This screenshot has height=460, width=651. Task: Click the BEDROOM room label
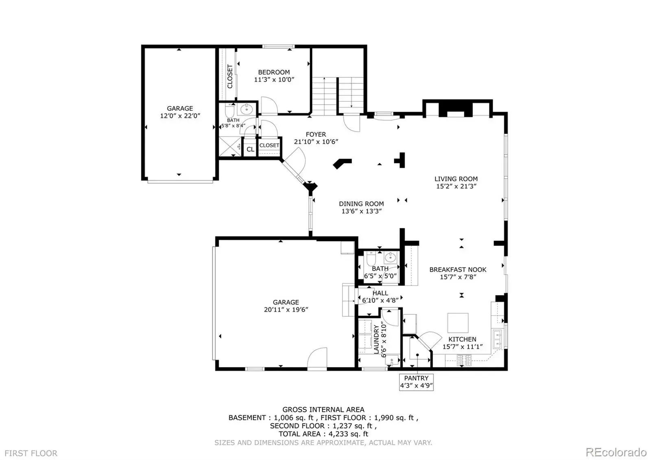pos(274,72)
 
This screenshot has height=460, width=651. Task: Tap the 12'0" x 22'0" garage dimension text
pos(180,116)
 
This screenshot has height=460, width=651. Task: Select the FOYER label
pos(316,134)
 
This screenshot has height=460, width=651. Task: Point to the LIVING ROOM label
pos(456,179)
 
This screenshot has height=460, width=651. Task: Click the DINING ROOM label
pos(361,204)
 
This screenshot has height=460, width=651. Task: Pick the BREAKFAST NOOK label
pos(458,269)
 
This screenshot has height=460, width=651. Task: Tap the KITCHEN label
pos(462,339)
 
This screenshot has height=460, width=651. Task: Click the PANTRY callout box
pos(416,382)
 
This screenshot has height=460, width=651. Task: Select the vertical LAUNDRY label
pos(376,340)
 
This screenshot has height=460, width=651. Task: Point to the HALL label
pos(380,293)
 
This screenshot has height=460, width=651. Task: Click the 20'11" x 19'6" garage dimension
pos(286,310)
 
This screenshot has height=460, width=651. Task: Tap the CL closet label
pos(250,149)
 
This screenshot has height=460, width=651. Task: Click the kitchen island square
pos(458,323)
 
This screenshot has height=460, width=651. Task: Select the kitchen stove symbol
pos(464,360)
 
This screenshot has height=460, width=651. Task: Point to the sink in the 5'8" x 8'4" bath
pos(247,110)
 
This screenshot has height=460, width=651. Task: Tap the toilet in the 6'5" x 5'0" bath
pos(371,258)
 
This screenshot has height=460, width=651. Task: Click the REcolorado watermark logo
pos(616,452)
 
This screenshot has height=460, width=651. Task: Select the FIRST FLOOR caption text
pos(31,453)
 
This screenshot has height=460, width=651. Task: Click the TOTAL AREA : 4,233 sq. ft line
pos(323,434)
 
